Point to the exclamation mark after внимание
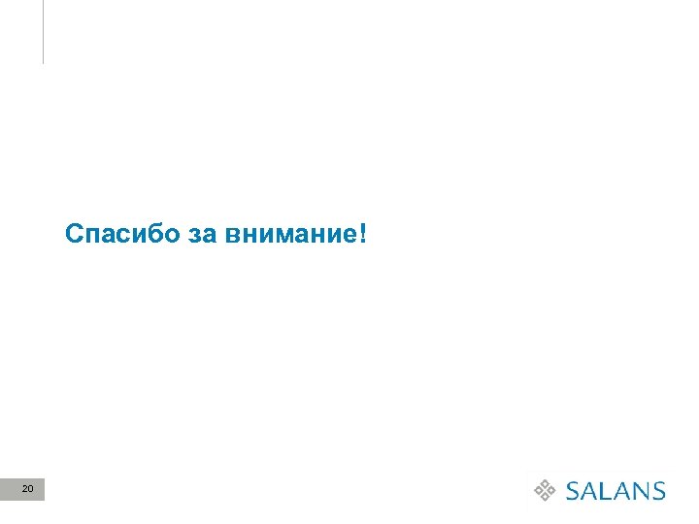(362, 234)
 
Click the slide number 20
(27, 489)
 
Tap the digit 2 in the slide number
(24, 489)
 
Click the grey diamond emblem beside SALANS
(547, 490)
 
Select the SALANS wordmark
(616, 490)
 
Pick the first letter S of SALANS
(574, 490)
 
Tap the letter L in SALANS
(612, 490)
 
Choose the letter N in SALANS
(640, 490)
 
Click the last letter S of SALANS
(658, 490)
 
